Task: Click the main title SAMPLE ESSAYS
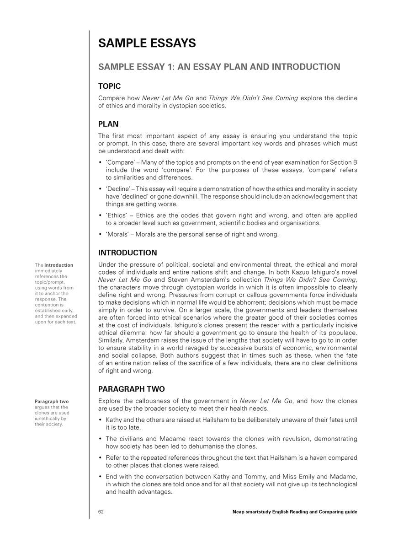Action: tap(147, 43)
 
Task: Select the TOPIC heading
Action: tap(110, 86)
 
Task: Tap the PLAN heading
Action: tap(108, 124)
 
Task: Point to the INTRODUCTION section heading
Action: tap(128, 253)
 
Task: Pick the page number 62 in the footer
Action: tap(101, 511)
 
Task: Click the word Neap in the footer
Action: tap(239, 511)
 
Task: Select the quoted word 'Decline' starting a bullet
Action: tap(117, 189)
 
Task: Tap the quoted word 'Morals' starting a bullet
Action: tap(117, 235)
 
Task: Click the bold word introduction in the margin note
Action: tap(58, 265)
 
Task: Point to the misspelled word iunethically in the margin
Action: tap(48, 418)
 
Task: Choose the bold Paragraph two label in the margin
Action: tap(52, 402)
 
